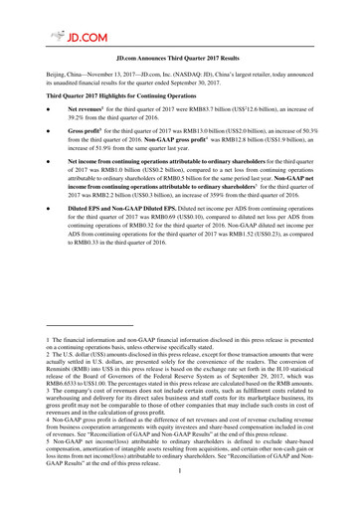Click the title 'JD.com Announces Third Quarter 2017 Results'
coord(180,60)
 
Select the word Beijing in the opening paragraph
coord(40,76)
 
